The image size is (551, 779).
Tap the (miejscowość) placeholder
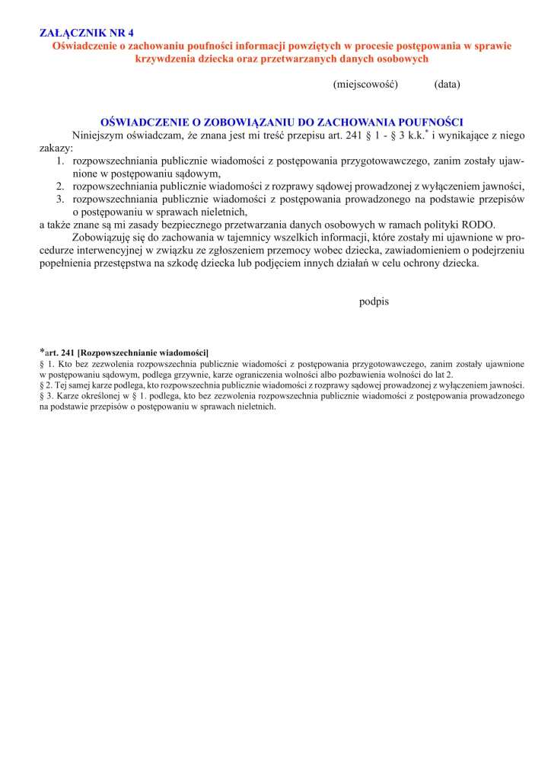365,84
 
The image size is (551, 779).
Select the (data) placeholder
447,84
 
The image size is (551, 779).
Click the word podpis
374,302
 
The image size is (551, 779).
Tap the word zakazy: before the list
56,148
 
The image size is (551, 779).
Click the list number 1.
60,161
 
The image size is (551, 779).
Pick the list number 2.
60,186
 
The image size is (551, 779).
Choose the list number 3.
60,199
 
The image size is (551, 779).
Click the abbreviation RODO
479,224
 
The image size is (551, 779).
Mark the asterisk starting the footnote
42,352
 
